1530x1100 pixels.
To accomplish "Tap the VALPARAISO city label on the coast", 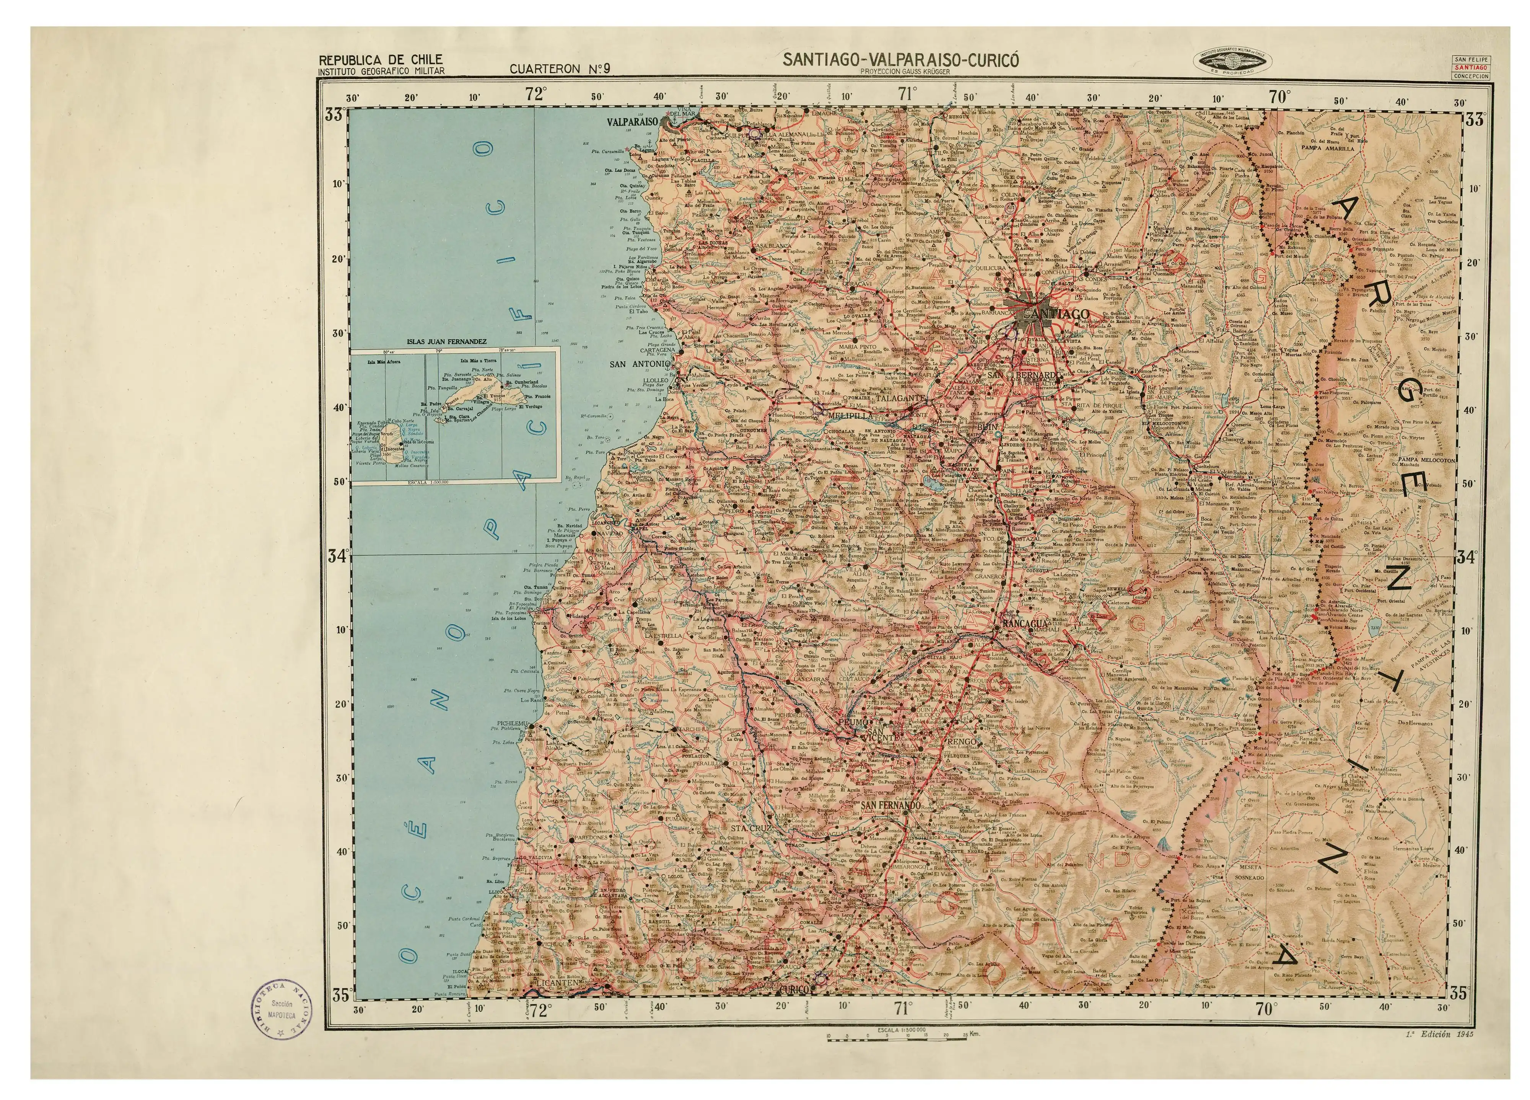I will click(632, 122).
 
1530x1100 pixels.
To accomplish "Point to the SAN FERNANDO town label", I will click(890, 805).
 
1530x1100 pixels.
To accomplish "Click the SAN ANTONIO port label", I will click(640, 364).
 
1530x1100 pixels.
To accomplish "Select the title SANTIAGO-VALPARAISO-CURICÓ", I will click(900, 59).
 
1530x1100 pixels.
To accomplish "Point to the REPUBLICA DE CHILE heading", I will click(381, 59).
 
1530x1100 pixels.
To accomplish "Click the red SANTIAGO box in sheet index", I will click(1471, 67).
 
